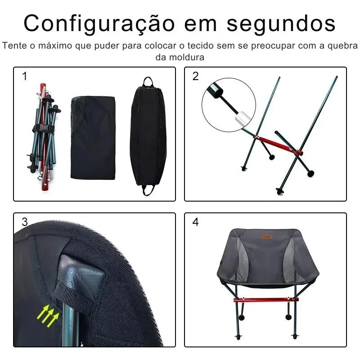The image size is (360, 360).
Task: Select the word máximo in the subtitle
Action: point(55,45)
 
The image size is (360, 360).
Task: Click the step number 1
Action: point(25,76)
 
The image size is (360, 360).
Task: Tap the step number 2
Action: point(196,76)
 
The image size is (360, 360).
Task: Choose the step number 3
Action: point(25,222)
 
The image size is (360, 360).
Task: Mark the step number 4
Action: point(196,222)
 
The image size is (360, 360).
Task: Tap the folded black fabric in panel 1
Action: point(93,138)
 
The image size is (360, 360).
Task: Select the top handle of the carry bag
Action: point(148,82)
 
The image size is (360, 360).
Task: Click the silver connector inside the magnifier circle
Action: point(242,118)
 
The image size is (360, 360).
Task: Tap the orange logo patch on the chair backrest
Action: point(266,237)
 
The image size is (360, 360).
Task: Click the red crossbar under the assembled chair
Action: point(266,300)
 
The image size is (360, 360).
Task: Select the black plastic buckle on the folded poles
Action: point(44,129)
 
